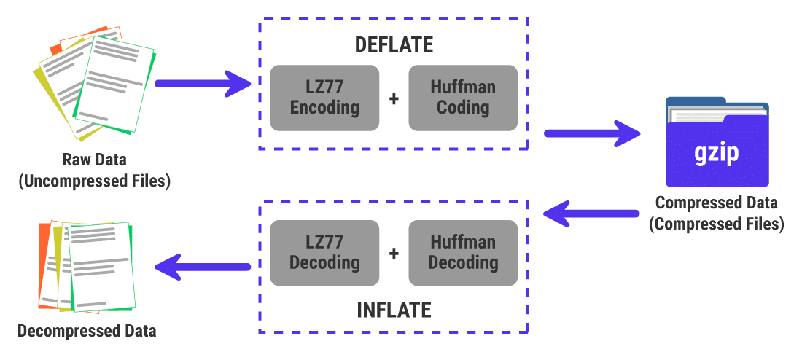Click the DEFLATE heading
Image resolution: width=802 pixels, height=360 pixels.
394,44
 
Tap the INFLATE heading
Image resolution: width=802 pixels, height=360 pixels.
394,310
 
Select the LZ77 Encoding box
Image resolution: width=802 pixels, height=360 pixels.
324,98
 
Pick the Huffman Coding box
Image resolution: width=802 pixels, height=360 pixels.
463,98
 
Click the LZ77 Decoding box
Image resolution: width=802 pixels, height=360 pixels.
324,252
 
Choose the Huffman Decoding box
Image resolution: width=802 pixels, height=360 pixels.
463,252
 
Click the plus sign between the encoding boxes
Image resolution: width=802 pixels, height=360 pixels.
394,98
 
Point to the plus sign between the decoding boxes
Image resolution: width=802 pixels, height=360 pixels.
394,253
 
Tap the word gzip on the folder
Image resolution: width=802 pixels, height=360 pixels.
716,153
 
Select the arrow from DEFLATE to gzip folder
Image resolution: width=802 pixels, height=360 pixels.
591,133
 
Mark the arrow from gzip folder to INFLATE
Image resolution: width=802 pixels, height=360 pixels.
591,214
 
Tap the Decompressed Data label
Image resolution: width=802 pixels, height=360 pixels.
87,331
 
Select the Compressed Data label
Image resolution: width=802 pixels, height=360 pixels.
716,203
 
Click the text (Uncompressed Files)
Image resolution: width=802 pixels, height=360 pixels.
94,181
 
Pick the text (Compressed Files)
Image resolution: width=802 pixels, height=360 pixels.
716,224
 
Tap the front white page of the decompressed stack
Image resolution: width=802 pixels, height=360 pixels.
100,266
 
